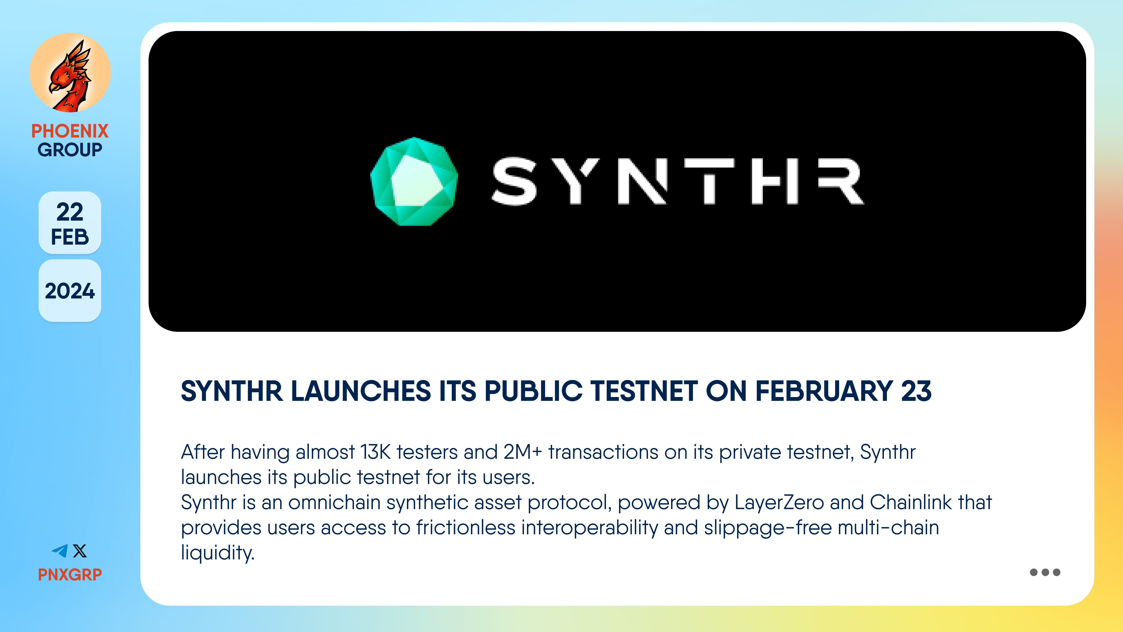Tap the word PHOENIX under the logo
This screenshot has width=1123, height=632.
pos(70,131)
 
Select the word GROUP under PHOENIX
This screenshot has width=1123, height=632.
pos(70,150)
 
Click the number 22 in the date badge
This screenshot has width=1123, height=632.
pos(70,212)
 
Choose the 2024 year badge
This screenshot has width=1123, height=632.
pos(70,291)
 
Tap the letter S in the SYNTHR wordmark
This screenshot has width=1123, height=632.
pos(515,181)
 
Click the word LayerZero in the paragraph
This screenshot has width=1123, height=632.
pos(779,502)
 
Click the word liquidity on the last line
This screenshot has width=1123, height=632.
pos(217,553)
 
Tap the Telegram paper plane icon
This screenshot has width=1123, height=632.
pos(60,551)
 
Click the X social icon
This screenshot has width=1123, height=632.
pos(80,551)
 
